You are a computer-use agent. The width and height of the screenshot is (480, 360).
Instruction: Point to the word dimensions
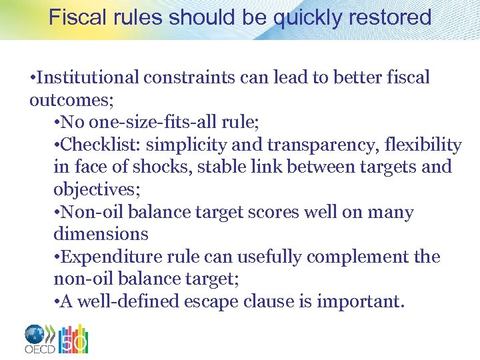point(101,234)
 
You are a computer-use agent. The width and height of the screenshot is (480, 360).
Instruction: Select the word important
point(359,301)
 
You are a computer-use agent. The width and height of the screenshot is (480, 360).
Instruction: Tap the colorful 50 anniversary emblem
point(73,339)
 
